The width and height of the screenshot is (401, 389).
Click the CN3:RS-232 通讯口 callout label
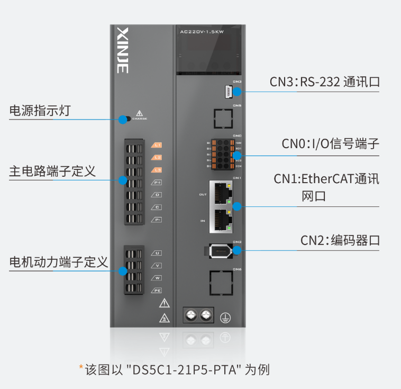point(325,82)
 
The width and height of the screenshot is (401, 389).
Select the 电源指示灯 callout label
point(40,111)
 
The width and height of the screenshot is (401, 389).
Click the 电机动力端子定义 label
point(59,262)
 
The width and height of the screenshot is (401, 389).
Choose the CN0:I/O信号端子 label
point(330,144)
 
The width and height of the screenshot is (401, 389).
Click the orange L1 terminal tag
point(157,145)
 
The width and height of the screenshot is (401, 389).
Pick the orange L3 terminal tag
point(157,170)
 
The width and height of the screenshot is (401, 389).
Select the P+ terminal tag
point(157,183)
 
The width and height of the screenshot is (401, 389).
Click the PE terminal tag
point(157,290)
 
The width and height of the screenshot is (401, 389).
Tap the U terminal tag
point(157,253)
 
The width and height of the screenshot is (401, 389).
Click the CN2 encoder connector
point(218,251)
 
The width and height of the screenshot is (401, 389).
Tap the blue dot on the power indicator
point(123,119)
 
